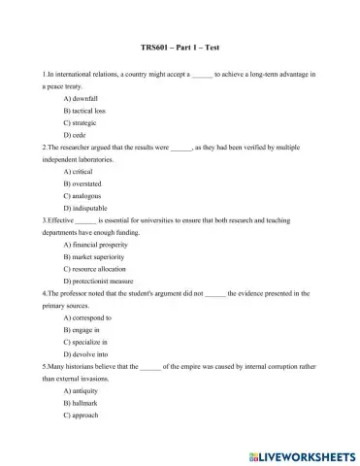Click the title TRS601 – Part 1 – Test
(x=180, y=48)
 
